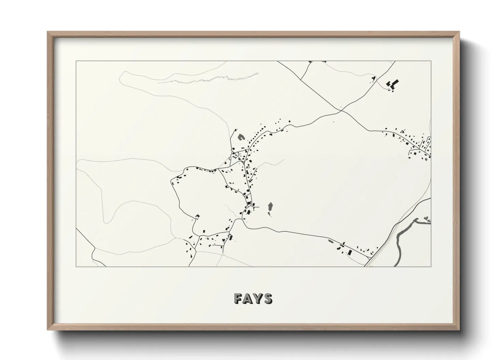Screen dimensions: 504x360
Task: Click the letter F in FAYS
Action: point(238,298)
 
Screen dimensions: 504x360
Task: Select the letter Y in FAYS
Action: point(258,298)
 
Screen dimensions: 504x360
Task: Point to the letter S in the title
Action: point(268,298)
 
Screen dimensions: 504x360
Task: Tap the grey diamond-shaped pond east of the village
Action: point(270,207)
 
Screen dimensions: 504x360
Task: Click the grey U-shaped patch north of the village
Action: point(241,137)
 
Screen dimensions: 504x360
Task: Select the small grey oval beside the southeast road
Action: point(330,241)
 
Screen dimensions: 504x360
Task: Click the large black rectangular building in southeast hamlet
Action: point(350,252)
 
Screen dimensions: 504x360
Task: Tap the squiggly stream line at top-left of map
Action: point(211,79)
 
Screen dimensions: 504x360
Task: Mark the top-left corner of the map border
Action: point(76,61)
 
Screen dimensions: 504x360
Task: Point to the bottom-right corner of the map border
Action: point(431,266)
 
